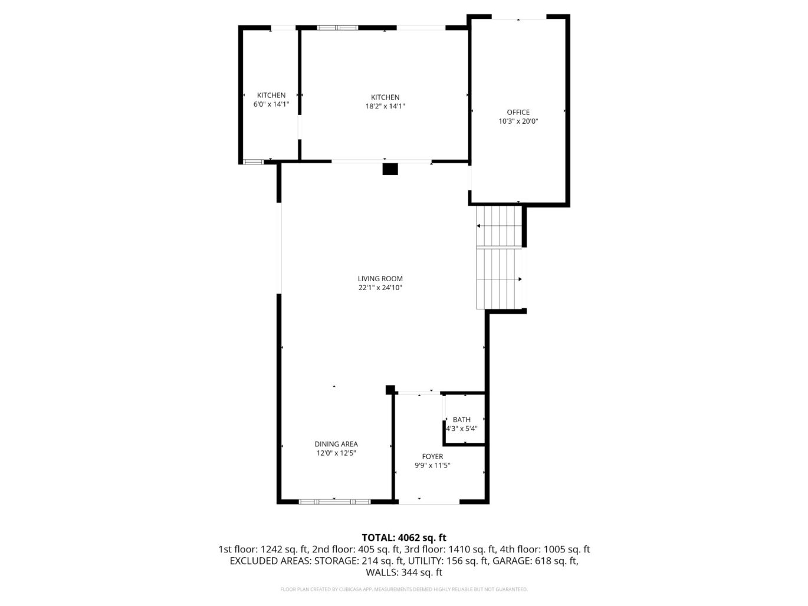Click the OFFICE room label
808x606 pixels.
click(x=518, y=112)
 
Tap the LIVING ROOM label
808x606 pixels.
click(x=380, y=279)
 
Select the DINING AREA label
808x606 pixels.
click(x=336, y=444)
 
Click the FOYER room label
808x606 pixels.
click(x=432, y=456)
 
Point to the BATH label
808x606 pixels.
click(x=461, y=420)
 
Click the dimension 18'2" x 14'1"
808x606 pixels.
click(x=385, y=106)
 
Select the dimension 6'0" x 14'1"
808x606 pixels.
click(x=271, y=104)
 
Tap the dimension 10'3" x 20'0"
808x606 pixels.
click(x=518, y=121)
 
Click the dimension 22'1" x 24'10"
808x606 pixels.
click(x=380, y=288)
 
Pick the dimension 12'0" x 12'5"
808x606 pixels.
click(x=336, y=453)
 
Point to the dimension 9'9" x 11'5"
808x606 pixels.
click(x=432, y=465)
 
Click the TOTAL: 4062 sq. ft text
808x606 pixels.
click(x=403, y=537)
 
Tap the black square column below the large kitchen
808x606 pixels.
click(x=390, y=169)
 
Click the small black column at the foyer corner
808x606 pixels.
click(x=390, y=389)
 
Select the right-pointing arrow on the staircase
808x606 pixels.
click(x=520, y=279)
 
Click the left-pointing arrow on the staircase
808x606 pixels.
click(x=479, y=226)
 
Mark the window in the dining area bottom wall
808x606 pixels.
click(x=334, y=501)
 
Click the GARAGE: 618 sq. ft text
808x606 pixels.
click(x=534, y=561)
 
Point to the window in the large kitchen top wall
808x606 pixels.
click(x=337, y=27)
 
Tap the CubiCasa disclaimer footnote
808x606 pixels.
click(x=403, y=589)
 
